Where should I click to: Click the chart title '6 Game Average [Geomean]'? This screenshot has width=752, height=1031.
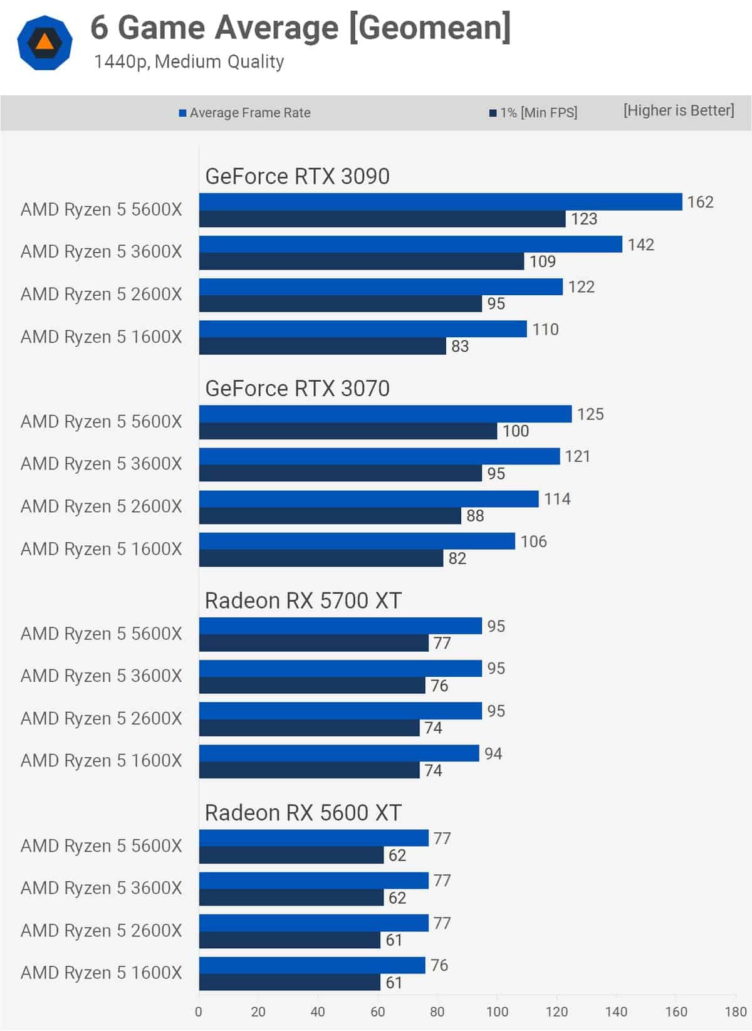[300, 28]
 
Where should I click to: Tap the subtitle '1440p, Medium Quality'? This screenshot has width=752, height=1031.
[189, 61]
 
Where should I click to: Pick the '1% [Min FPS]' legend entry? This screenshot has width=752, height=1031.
[533, 113]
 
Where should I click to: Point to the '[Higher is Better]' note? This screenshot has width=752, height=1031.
[678, 110]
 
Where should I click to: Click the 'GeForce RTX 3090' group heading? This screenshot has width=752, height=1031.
[297, 177]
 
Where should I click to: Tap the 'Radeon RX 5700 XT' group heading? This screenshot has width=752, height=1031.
[303, 600]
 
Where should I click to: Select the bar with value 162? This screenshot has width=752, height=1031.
[440, 202]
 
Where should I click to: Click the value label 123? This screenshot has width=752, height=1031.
[583, 219]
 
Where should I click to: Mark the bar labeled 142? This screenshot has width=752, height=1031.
[410, 244]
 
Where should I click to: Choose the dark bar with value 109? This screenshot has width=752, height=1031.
[361, 261]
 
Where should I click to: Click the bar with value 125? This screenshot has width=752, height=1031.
[385, 414]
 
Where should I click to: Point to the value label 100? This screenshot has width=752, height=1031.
[515, 431]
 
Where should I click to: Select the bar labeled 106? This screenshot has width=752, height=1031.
[357, 541]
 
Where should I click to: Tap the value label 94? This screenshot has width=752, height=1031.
[493, 753]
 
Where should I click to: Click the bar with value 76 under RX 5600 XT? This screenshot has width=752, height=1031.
[312, 965]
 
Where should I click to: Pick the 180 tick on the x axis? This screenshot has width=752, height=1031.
[735, 1012]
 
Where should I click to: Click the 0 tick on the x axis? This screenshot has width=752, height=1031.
[199, 1012]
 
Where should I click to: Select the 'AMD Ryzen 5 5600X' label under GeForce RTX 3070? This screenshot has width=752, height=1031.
[101, 422]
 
